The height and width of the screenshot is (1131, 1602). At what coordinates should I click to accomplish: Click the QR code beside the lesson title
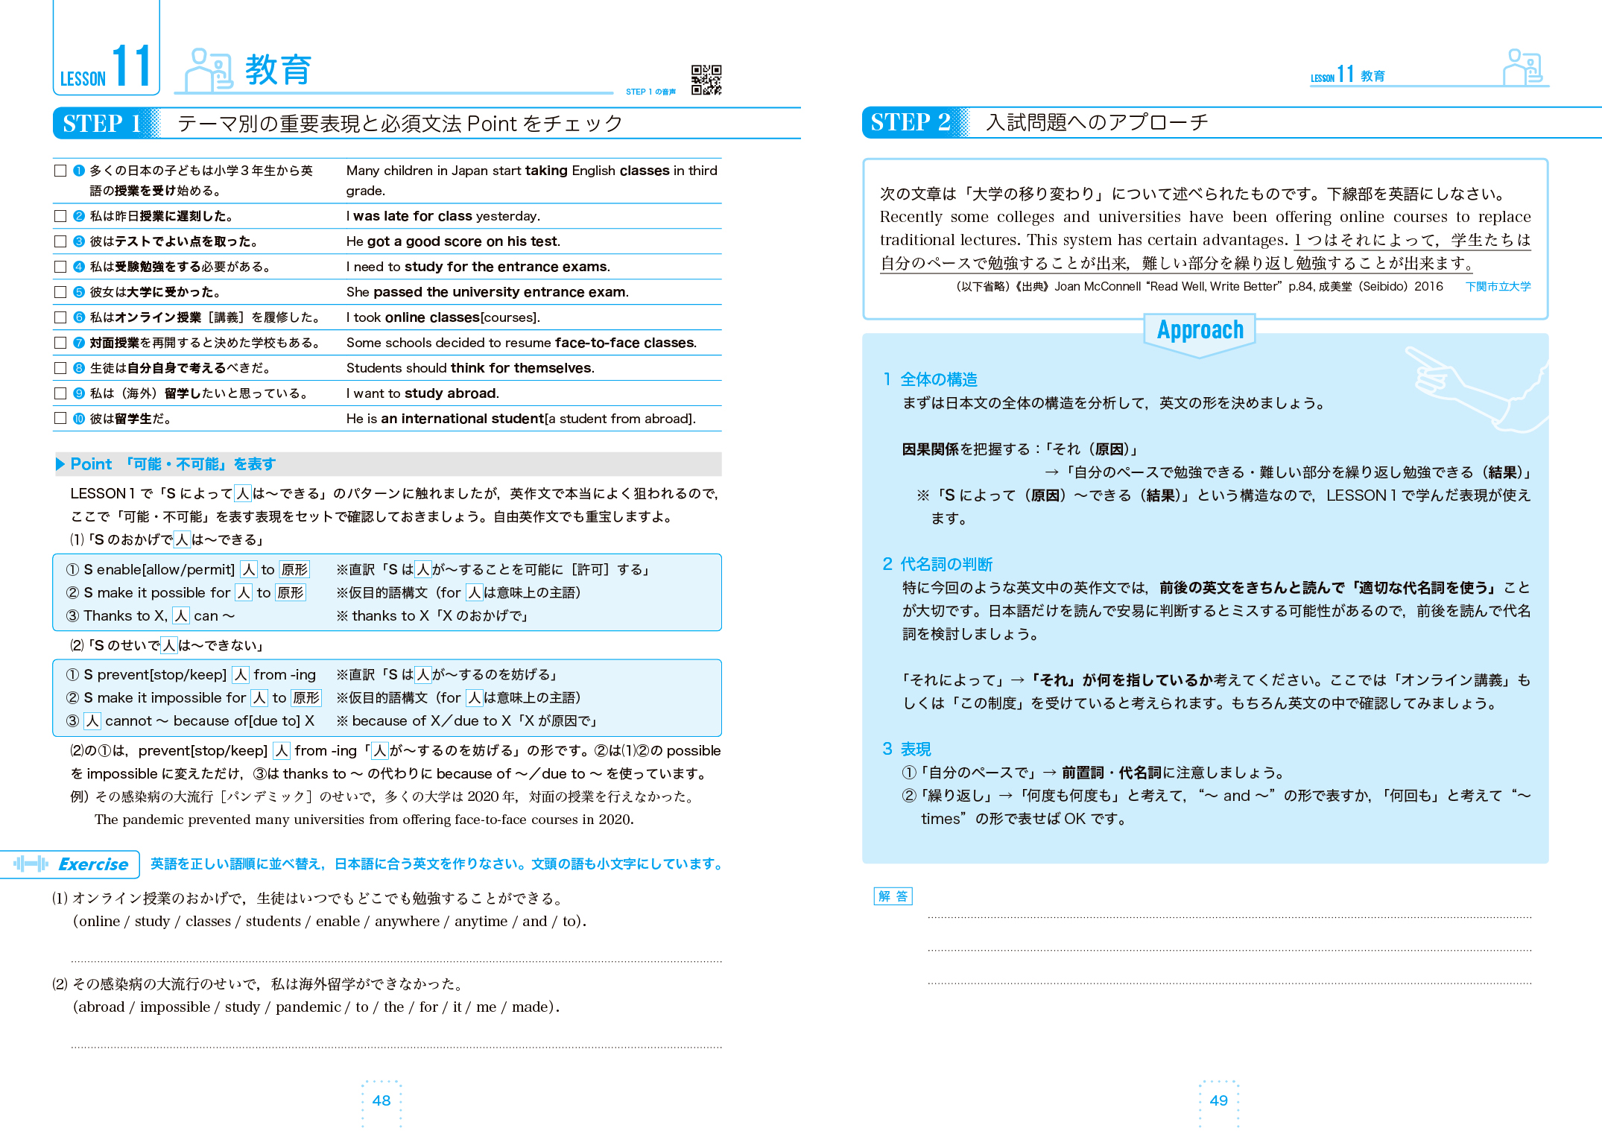click(706, 80)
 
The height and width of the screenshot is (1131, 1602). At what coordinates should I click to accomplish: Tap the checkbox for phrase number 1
click(60, 171)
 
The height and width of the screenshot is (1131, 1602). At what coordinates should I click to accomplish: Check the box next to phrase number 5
click(60, 292)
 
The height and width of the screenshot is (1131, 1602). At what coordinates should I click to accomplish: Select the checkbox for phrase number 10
click(60, 418)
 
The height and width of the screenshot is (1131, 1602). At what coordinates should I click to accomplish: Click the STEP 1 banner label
click(102, 123)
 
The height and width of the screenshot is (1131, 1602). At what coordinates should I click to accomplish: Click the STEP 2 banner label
click(910, 122)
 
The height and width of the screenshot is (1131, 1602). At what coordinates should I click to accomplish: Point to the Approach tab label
click(1200, 330)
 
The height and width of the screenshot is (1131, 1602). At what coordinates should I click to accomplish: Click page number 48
click(381, 1100)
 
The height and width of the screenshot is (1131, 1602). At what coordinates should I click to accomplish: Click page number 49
click(1218, 1100)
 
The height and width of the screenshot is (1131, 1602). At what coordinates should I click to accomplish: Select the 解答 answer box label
click(893, 896)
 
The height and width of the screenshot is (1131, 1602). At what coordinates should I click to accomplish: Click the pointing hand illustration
click(1468, 387)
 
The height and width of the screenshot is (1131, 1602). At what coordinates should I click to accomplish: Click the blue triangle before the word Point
click(60, 464)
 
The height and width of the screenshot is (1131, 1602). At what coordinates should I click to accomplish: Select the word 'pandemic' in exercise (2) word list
click(308, 1007)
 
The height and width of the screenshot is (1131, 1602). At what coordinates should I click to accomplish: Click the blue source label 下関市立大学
click(1498, 287)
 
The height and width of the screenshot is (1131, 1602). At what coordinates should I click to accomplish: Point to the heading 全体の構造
click(938, 379)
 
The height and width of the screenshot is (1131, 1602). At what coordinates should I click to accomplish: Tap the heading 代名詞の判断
click(946, 564)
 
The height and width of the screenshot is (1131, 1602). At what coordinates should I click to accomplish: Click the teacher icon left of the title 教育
click(208, 70)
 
